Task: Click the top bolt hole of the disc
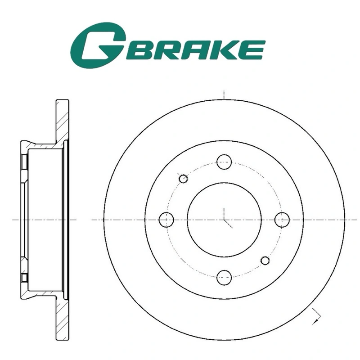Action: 224,162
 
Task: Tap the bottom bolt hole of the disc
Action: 224,277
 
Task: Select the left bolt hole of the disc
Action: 166,220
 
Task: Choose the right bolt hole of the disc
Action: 282,220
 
